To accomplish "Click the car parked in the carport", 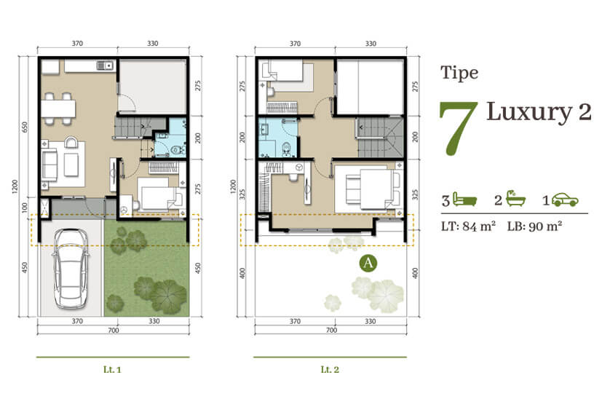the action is [x=70, y=269].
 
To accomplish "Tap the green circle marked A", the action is [x=368, y=263].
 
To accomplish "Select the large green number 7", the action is [x=459, y=128].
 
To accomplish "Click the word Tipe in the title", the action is [x=459, y=73].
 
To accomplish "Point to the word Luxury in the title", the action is [x=529, y=113].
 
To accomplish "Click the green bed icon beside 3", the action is [x=464, y=199].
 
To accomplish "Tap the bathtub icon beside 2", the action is [x=515, y=199].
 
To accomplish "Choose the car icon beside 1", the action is [x=566, y=199].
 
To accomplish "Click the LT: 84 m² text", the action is [x=468, y=226].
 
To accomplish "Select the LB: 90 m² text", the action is [x=534, y=226].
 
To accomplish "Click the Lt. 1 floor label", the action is [x=112, y=369].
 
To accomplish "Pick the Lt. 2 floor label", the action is [x=330, y=369].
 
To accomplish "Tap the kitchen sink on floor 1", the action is [x=105, y=66].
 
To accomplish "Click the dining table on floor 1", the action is [x=58, y=108].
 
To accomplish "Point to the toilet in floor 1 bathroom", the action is [x=178, y=150].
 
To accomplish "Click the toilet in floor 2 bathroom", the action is [x=286, y=149].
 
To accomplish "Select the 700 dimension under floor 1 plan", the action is [x=114, y=331].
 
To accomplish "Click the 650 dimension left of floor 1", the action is [x=25, y=127].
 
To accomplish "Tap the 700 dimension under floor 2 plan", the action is [x=331, y=331].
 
